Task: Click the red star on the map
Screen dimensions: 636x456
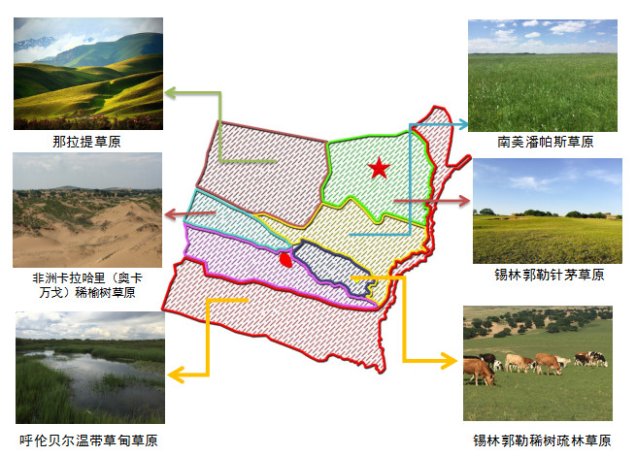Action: [x=379, y=168]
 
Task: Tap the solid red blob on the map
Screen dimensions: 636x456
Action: [x=285, y=259]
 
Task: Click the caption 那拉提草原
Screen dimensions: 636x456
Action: [x=86, y=142]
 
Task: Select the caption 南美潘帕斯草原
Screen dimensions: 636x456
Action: [x=545, y=142]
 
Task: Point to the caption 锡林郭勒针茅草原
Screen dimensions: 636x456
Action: [x=550, y=275]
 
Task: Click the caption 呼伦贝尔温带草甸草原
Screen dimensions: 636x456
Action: [x=88, y=440]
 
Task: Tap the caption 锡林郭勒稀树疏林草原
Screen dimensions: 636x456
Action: [x=542, y=440]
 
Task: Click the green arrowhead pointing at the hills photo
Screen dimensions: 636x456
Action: [x=170, y=93]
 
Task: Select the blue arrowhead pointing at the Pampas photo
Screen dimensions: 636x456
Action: [x=462, y=124]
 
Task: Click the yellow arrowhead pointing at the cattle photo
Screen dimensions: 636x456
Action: [x=449, y=360]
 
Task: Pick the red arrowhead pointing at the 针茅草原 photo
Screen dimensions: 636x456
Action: [x=463, y=200]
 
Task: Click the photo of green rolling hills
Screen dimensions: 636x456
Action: [x=88, y=74]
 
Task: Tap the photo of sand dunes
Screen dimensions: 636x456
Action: [x=87, y=210]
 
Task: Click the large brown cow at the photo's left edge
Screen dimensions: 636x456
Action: [x=479, y=372]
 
